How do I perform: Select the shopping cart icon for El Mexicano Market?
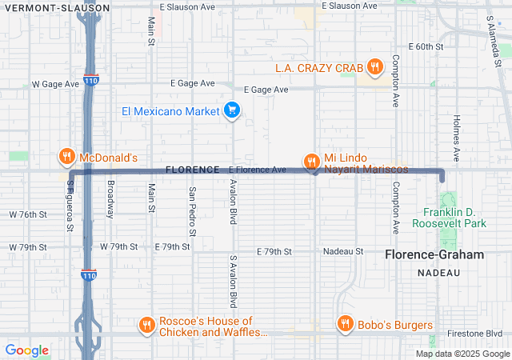click(231, 110)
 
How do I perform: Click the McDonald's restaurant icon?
click(66, 157)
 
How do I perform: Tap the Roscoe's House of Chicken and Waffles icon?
click(146, 325)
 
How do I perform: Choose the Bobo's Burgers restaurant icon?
click(346, 324)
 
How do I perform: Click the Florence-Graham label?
click(434, 255)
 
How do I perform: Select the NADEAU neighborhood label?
click(439, 273)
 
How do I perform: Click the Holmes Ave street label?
click(457, 137)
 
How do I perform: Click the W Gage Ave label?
click(55, 84)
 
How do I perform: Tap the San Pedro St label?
click(192, 212)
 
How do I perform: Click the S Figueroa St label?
click(70, 210)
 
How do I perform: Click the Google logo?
click(27, 350)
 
